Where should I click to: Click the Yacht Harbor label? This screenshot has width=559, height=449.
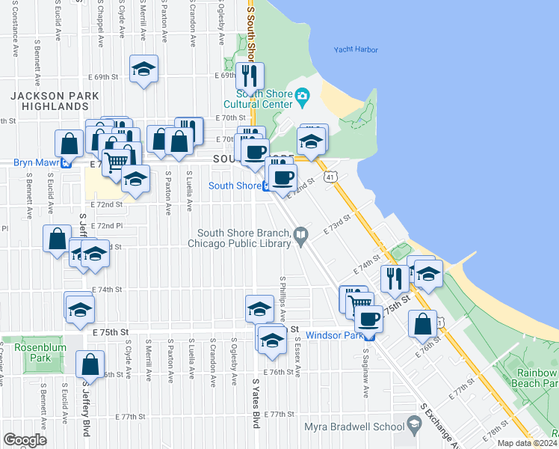[356, 50]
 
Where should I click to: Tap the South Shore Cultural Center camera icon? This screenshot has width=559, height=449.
[302, 95]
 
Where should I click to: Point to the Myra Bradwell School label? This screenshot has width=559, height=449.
[353, 427]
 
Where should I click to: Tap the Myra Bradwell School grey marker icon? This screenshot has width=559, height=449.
[413, 425]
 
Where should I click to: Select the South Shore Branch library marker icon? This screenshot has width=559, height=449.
[301, 236]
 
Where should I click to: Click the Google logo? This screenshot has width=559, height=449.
[25, 440]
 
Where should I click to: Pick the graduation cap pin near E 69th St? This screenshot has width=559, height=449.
[143, 70]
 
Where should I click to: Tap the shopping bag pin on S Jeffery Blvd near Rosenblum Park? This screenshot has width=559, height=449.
[90, 364]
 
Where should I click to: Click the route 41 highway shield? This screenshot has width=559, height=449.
[330, 177]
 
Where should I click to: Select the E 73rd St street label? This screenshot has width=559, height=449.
[337, 224]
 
